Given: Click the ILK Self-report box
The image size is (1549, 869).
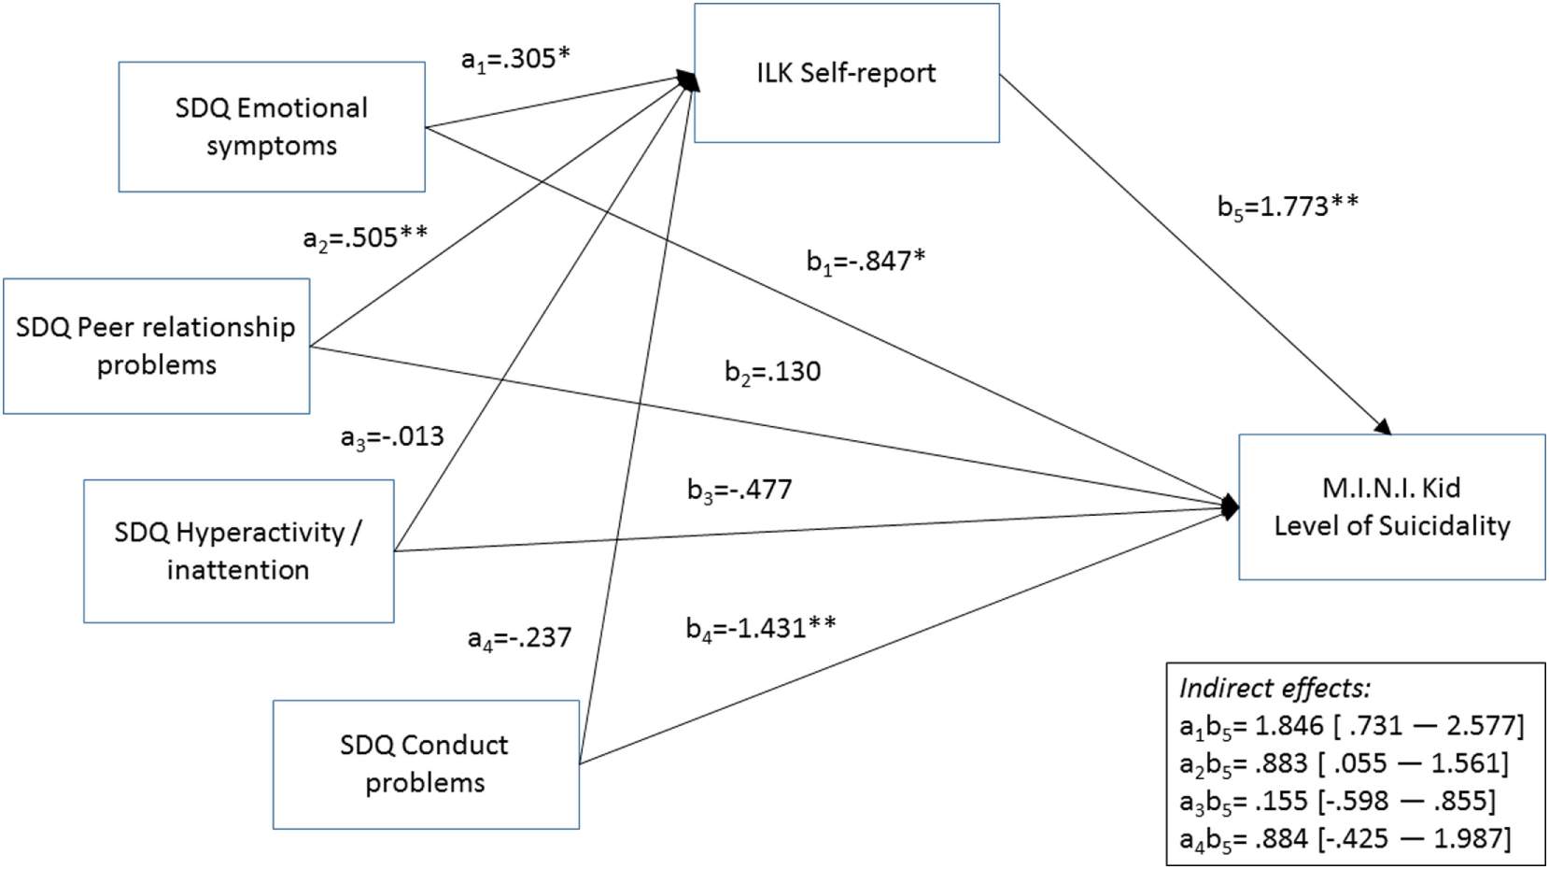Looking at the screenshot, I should [x=846, y=73].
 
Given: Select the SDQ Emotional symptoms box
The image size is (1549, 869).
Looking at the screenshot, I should [x=272, y=127].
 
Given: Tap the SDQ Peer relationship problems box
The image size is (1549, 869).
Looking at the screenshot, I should [x=156, y=346].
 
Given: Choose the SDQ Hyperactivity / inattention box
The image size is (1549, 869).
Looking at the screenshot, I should [x=238, y=550].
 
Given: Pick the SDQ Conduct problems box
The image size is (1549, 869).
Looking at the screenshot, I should [x=426, y=763].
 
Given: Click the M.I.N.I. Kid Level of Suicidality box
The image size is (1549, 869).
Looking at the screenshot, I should [x=1391, y=506].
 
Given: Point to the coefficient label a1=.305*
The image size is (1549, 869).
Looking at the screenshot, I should [x=515, y=60].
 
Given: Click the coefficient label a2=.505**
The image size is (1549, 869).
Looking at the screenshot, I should [x=365, y=238].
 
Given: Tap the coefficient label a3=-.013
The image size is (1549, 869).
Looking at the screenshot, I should [x=392, y=437].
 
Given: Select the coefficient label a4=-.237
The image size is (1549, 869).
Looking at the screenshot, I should [x=519, y=638].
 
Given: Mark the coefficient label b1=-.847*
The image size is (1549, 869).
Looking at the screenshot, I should [x=866, y=262].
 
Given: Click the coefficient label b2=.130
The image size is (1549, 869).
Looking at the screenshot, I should [x=772, y=372].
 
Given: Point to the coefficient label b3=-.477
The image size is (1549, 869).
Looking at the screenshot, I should [x=739, y=490].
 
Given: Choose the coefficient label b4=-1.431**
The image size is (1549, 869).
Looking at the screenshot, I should [x=761, y=628].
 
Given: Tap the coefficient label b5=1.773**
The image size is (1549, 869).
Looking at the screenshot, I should [x=1288, y=207].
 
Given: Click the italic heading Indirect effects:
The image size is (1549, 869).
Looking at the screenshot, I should [x=1274, y=689].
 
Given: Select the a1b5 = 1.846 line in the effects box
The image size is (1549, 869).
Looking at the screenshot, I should [x=1351, y=726].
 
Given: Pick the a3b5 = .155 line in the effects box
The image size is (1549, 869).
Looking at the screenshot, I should [x=1337, y=801].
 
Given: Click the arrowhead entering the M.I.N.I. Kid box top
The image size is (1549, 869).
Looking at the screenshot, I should [x=1382, y=426].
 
